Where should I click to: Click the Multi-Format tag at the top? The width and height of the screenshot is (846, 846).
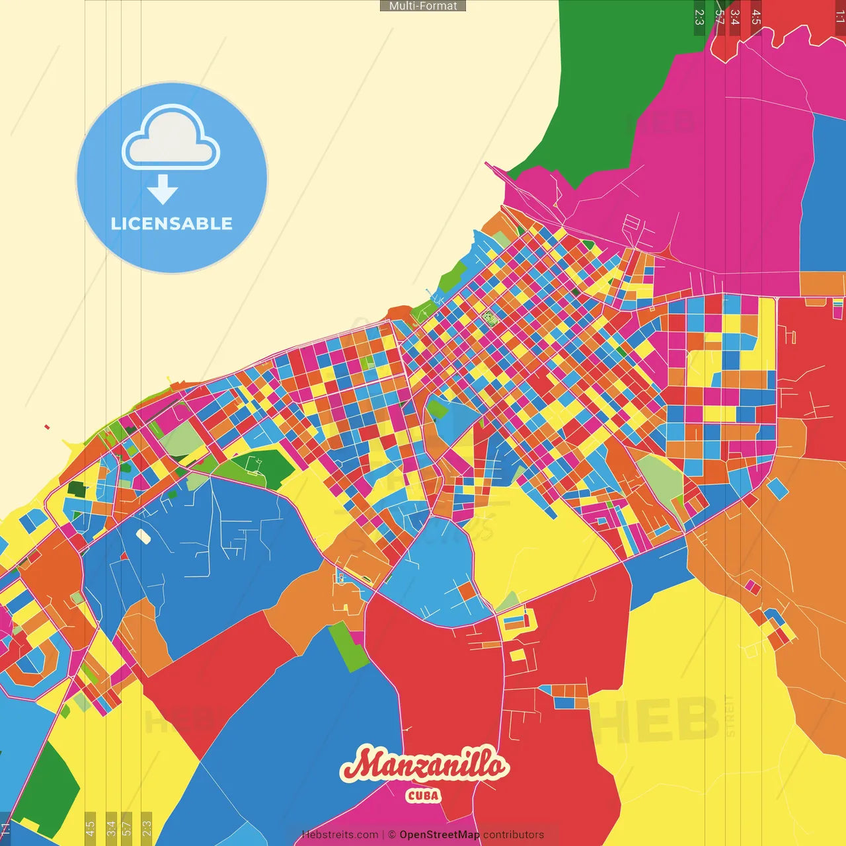click(423, 6)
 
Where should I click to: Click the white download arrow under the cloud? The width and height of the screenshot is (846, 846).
click(163, 190)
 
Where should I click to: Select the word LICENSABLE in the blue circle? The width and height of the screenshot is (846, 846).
click(172, 223)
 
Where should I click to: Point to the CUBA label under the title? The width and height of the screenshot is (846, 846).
click(423, 795)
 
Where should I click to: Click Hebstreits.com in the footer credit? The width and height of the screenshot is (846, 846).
click(340, 835)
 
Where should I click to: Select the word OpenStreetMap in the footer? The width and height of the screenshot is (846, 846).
click(439, 835)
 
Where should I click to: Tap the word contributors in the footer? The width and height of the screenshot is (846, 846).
click(514, 835)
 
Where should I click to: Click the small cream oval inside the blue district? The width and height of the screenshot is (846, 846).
click(143, 536)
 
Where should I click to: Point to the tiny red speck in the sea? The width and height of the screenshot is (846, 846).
click(47, 427)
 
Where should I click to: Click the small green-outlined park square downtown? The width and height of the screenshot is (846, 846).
click(490, 318)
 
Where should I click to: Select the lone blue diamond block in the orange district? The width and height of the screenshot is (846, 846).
click(777, 488)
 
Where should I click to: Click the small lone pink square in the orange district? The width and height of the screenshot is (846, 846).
click(752, 586)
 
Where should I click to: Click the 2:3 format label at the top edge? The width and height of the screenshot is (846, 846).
click(699, 17)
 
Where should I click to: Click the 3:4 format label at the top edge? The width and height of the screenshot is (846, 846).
click(734, 17)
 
